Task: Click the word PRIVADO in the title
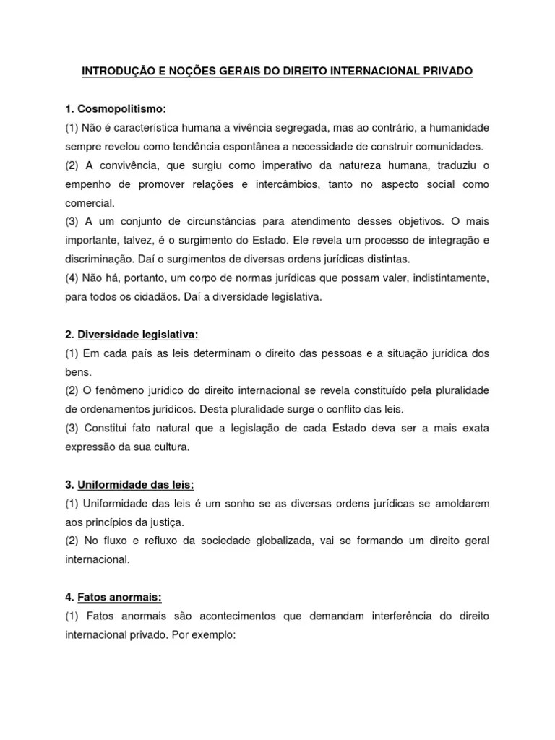[446, 72]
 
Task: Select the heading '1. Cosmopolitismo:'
[116, 109]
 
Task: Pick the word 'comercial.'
[90, 203]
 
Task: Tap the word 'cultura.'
[169, 447]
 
